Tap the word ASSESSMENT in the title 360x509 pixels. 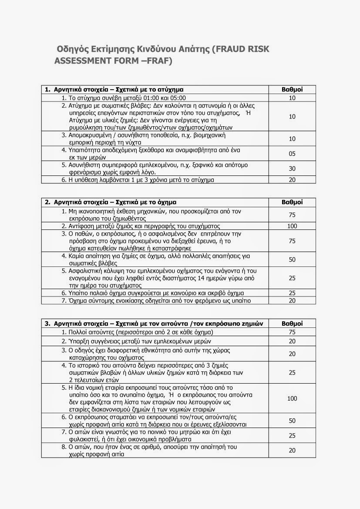pyautogui.click(x=81, y=61)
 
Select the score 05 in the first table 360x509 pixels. pyautogui.click(x=292, y=153)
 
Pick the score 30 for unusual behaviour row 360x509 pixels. pyautogui.click(x=292, y=169)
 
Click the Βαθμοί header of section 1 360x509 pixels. pyautogui.click(x=292, y=90)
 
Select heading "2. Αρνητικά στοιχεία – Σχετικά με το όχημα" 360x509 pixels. pyautogui.click(x=111, y=202)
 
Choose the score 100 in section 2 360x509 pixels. pyautogui.click(x=292, y=226)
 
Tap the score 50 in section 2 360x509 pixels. pyautogui.click(x=292, y=260)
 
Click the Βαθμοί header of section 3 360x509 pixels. pyautogui.click(x=292, y=324)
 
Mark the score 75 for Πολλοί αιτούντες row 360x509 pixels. pyautogui.click(x=292, y=332)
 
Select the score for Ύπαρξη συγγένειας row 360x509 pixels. pyautogui.click(x=292, y=341)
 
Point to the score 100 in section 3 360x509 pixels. pyautogui.click(x=292, y=398)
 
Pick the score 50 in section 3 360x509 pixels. pyautogui.click(x=292, y=421)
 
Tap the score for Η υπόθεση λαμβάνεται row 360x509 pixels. pyautogui.click(x=292, y=179)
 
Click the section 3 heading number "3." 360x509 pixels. pyautogui.click(x=48, y=324)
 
